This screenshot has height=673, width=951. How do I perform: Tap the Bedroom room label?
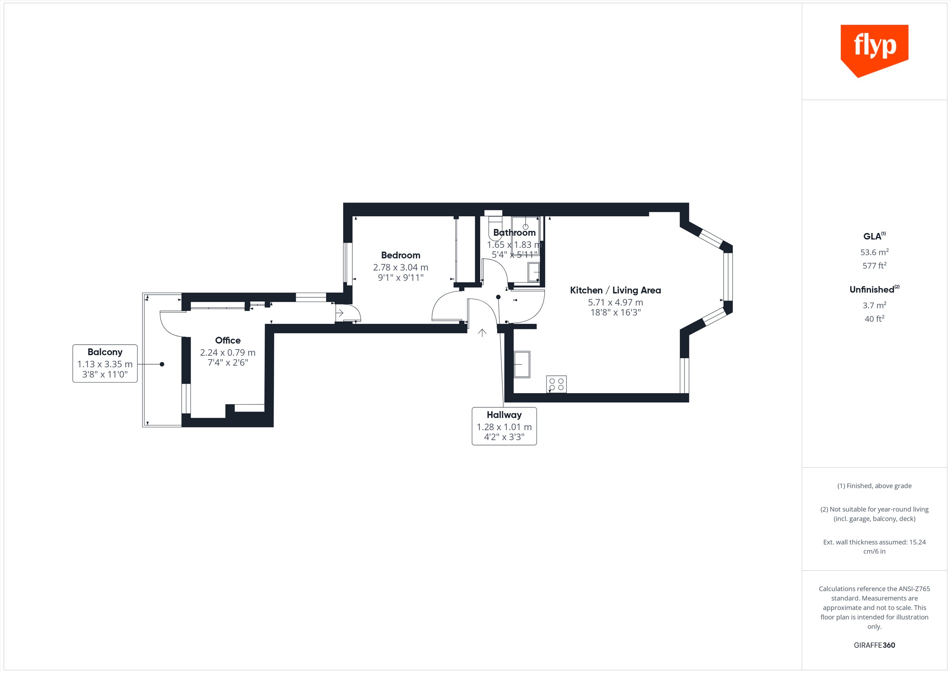[x=400, y=255]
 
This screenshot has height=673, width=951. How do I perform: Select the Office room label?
[x=228, y=340]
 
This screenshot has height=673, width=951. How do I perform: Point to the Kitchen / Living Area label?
[x=616, y=290]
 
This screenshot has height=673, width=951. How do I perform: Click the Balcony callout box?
[x=105, y=363]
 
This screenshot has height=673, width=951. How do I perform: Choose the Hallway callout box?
[x=504, y=426]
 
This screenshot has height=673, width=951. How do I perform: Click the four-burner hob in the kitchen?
[x=556, y=384]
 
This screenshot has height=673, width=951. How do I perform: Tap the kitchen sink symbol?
[x=522, y=364]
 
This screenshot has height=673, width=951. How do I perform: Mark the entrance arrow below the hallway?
[x=482, y=333]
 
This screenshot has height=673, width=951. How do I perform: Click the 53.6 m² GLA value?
[x=874, y=252]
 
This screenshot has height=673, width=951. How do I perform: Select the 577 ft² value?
[x=874, y=266]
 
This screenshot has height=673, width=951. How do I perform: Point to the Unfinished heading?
[x=874, y=289]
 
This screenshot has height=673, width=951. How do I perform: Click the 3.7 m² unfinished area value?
[x=874, y=305]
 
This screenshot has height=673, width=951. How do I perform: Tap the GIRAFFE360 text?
[x=874, y=645]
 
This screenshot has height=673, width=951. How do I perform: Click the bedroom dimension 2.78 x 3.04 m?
[x=400, y=268]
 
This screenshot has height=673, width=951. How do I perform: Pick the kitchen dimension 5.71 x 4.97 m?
[x=616, y=302]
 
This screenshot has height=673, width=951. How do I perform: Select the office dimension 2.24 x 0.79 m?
[x=228, y=353]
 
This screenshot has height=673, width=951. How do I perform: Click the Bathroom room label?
[x=515, y=233]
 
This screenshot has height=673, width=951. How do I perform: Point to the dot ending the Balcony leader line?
[x=162, y=364]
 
